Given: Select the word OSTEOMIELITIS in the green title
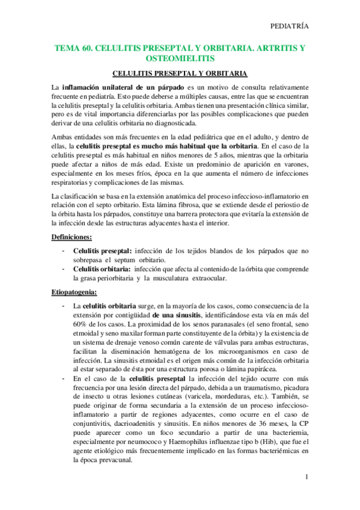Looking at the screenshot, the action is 180,58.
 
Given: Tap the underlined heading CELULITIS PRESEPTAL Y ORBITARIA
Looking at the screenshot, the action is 180,73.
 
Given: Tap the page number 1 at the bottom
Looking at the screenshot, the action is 307,478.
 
